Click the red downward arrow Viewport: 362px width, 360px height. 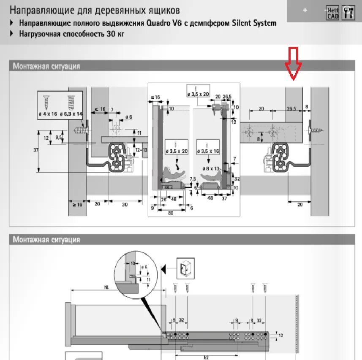[293, 64]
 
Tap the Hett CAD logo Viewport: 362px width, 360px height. [332, 13]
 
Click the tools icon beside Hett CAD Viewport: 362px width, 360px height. [348, 12]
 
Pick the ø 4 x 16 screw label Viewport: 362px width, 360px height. [47, 114]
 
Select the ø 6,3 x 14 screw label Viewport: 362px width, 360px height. [71, 114]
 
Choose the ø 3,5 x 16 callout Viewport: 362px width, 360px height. [208, 151]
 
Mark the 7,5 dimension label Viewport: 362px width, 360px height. [193, 179]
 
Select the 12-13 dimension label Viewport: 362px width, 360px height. [142, 149]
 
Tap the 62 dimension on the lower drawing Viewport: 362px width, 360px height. [206, 357]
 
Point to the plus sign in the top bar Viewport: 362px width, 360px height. [305, 11]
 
